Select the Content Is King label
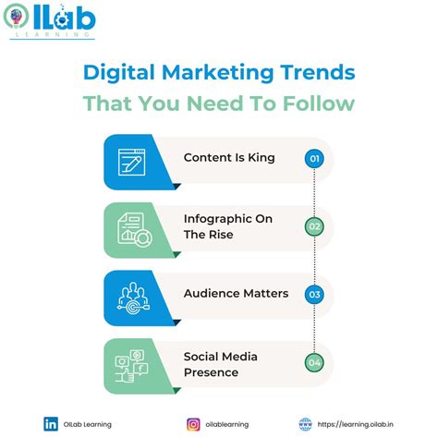click(x=229, y=158)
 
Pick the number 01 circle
click(x=314, y=159)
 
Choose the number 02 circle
click(x=314, y=226)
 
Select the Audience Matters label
click(x=235, y=294)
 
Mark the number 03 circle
click(x=314, y=295)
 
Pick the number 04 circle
click(x=314, y=362)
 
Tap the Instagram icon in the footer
click(x=193, y=424)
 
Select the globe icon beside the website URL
click(x=304, y=424)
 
